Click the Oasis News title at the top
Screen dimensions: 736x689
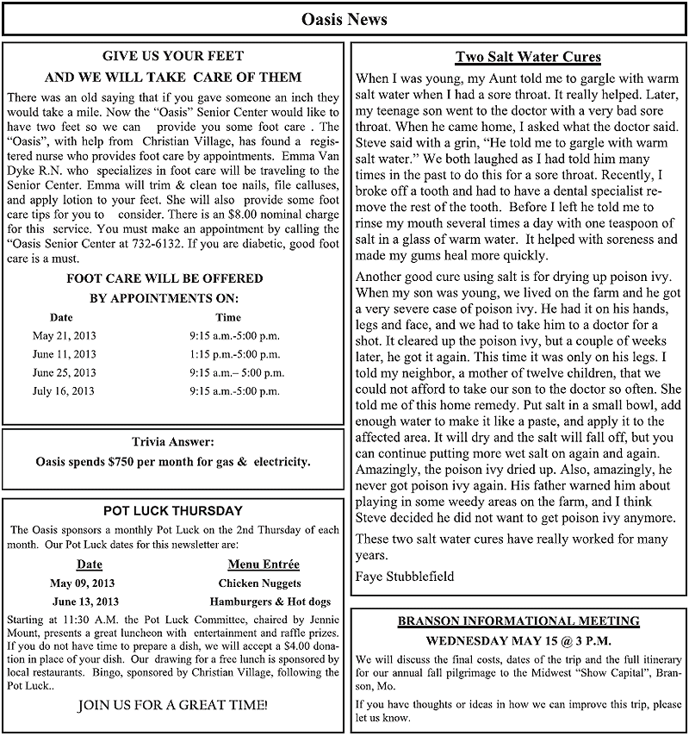pos(344,19)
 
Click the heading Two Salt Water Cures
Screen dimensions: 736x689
pos(528,58)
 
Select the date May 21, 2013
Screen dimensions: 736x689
pos(64,335)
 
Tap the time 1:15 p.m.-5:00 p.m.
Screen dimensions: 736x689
pos(234,354)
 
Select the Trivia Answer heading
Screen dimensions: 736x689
pos(173,441)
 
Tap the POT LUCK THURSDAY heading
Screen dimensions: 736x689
pos(173,511)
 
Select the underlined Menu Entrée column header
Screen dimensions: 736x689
pos(264,564)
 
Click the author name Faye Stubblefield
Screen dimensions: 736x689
pos(405,575)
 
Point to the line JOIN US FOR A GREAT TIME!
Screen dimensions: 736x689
pos(173,705)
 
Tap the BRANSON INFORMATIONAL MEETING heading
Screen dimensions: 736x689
pos(518,621)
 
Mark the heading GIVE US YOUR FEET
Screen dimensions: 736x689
pos(173,56)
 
